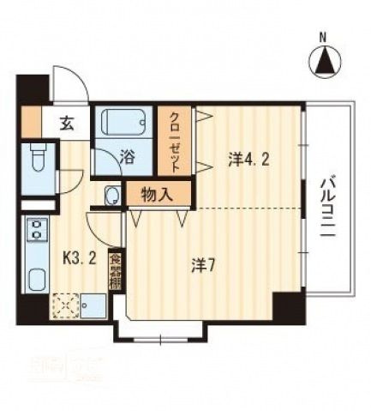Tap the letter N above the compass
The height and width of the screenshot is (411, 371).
point(323,37)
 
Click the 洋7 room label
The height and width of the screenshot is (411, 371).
point(202,265)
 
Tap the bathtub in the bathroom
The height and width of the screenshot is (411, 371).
point(123,122)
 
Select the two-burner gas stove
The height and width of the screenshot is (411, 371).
point(36,231)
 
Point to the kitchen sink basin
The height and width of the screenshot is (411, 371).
point(38,279)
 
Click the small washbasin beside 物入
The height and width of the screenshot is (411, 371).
point(112,196)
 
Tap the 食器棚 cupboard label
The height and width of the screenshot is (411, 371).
point(115,270)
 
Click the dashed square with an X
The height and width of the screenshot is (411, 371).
point(65,305)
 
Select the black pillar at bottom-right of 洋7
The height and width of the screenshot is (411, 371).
point(288,306)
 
